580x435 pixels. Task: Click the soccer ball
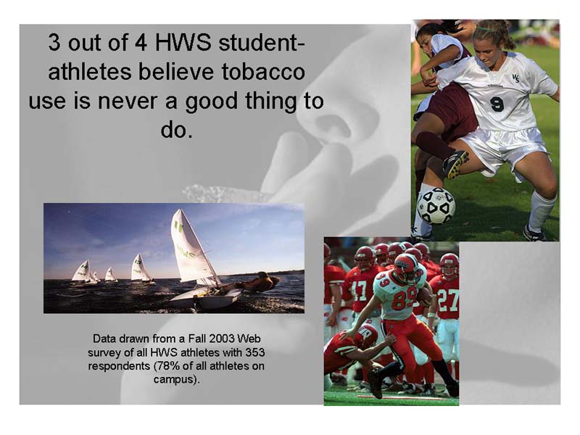436,206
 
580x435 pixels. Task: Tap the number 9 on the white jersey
497,104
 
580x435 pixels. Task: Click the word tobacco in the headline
263,71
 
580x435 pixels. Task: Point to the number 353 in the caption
256,352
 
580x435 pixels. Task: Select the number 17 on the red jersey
359,291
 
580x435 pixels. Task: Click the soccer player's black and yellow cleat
455,165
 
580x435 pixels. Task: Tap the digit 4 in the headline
140,43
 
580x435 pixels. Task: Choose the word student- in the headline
262,43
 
